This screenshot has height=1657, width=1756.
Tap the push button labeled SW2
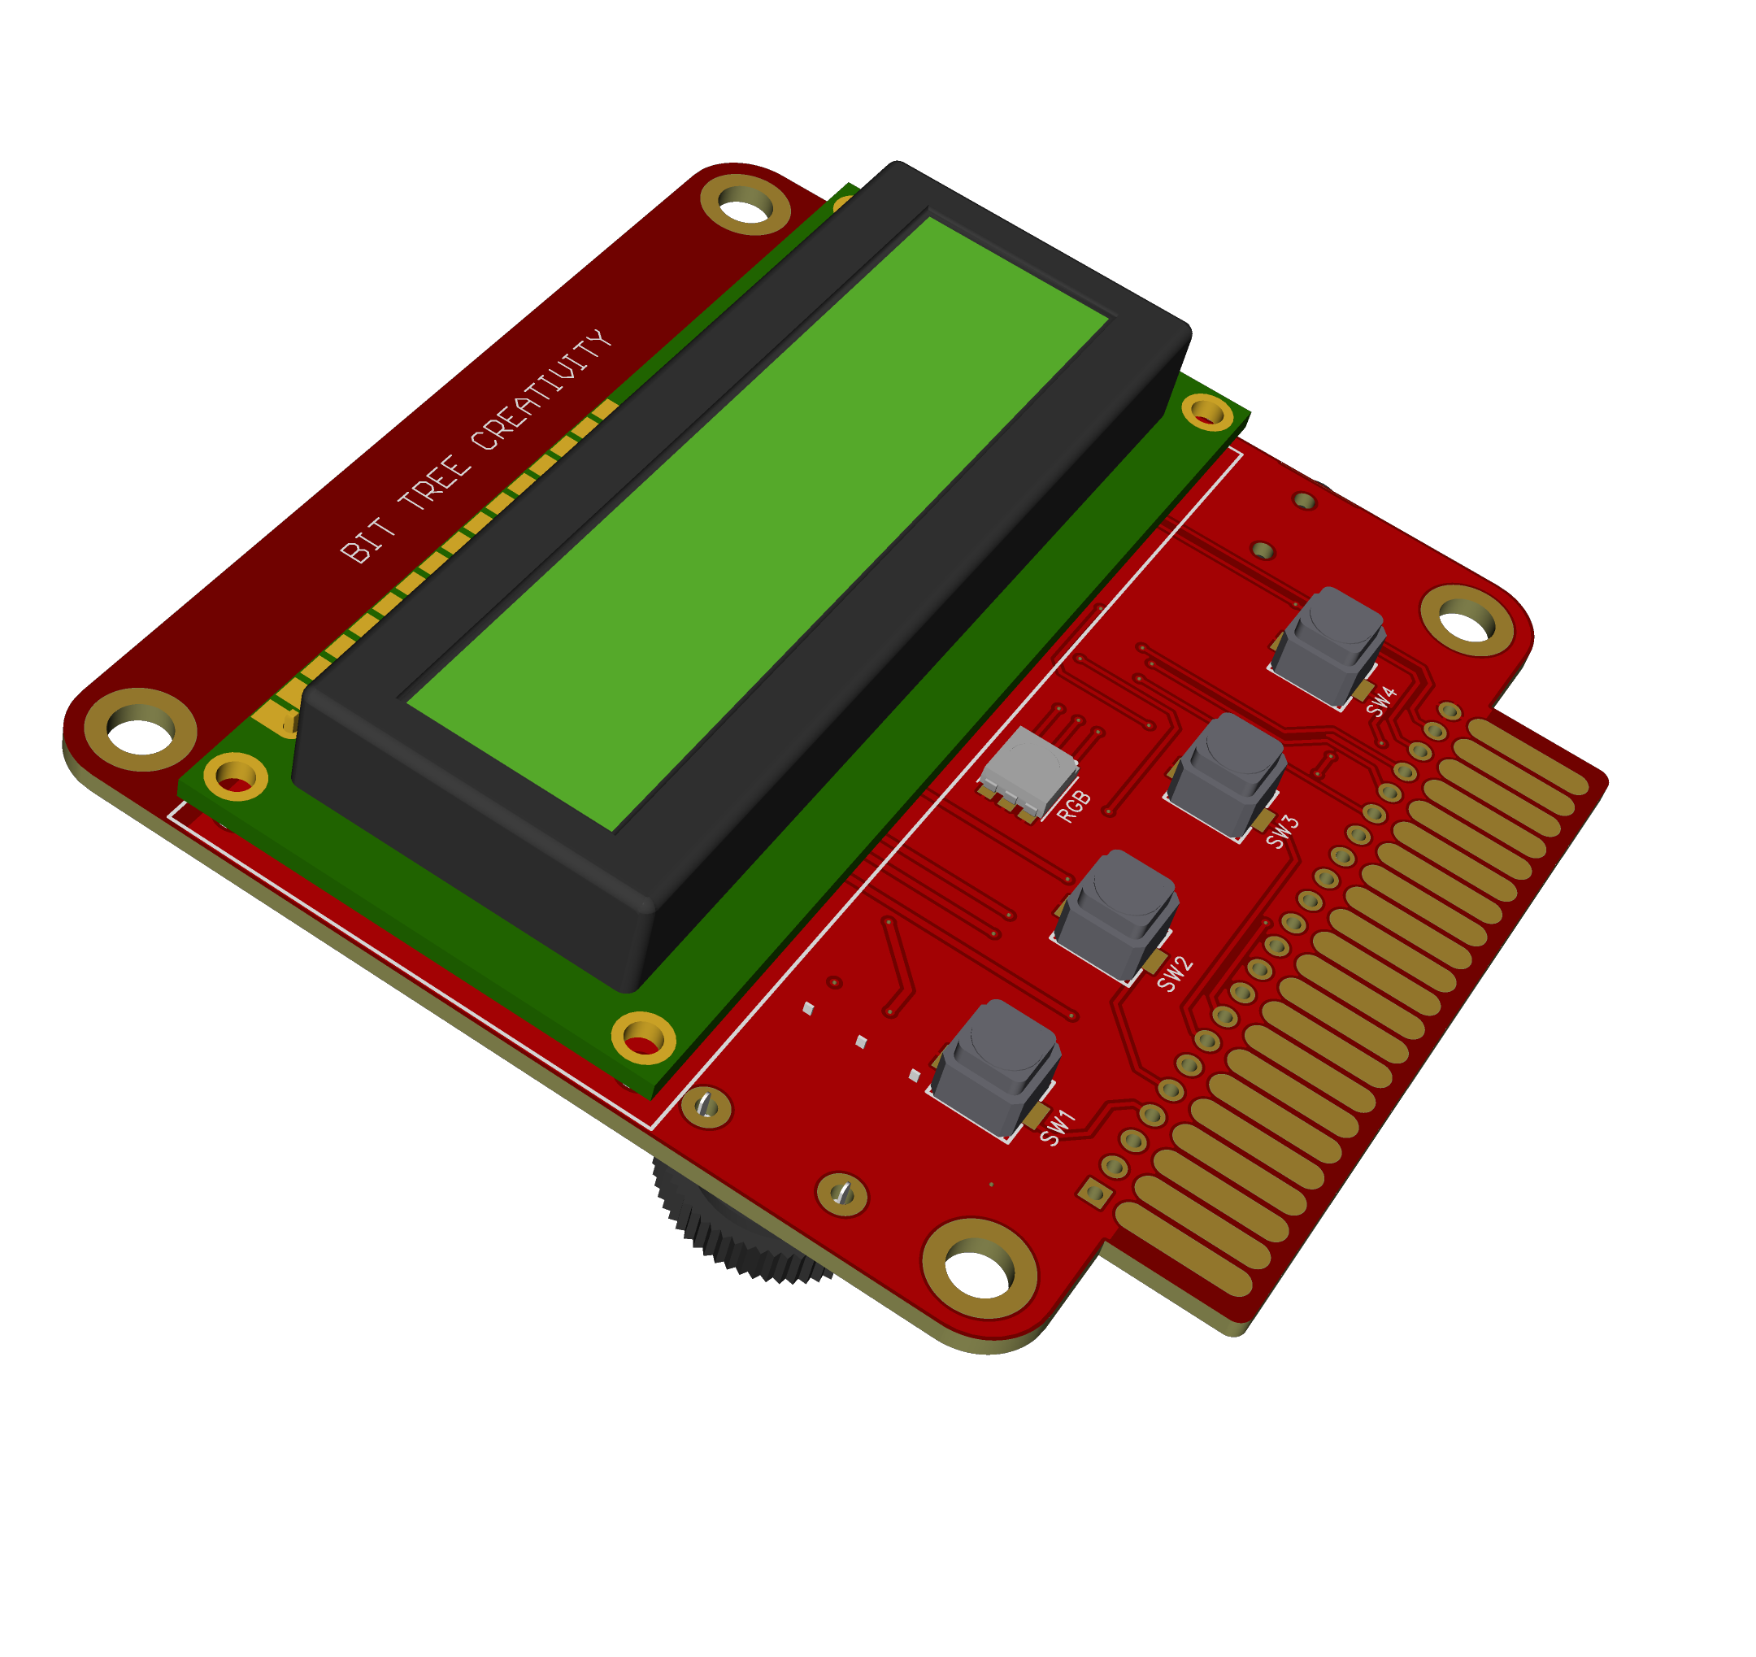click(x=1116, y=916)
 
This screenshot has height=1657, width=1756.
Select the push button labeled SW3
click(x=1227, y=776)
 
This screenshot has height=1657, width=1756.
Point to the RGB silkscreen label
click(x=1074, y=807)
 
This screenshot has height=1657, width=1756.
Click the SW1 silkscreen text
click(x=1058, y=1127)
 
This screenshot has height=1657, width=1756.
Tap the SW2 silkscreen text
click(x=1175, y=974)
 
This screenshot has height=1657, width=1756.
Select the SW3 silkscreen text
click(x=1283, y=832)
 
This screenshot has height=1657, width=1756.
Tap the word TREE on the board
click(x=433, y=482)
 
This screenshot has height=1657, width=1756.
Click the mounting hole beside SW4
click(x=1467, y=621)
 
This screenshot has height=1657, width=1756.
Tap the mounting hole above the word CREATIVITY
click(x=745, y=205)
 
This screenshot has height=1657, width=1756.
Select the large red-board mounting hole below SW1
click(x=979, y=1268)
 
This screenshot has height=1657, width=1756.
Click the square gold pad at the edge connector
click(x=1095, y=1194)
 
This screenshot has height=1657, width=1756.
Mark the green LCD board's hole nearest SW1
click(x=643, y=1037)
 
